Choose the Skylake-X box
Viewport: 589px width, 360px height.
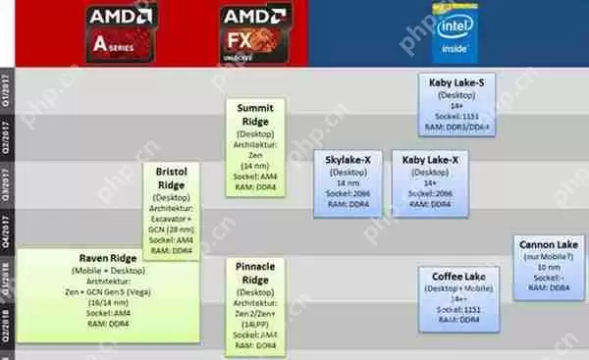347,181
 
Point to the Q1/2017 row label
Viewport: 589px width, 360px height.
8,90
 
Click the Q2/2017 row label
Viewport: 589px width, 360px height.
8,138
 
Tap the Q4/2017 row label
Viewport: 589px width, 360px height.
8,232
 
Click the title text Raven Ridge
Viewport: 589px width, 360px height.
107,259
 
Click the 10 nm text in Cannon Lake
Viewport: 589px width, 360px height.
547,267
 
